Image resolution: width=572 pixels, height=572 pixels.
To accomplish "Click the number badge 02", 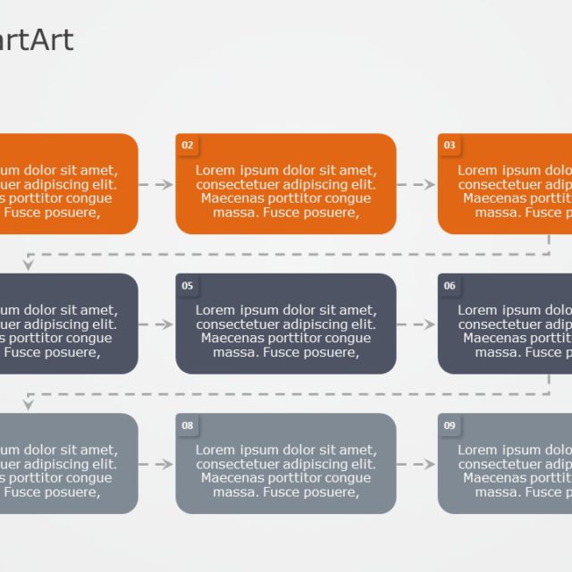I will point(187,146).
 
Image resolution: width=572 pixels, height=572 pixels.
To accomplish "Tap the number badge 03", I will point(450,146).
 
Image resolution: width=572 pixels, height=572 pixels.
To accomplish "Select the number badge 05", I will point(187,286).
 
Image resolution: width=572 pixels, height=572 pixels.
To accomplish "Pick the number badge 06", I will point(450,286).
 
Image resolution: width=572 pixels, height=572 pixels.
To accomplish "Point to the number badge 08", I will point(187,425).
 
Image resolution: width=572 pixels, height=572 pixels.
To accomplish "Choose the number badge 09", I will point(450,425).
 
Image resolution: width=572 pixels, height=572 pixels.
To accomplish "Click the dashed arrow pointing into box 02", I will point(156,185).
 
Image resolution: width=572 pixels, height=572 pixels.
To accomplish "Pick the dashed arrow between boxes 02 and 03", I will point(416,185).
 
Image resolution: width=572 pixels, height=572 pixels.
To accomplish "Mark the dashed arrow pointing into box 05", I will point(156,324).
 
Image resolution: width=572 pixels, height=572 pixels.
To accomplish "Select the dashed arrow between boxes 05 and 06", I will point(416,324).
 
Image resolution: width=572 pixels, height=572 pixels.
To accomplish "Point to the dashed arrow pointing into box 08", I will point(156,465).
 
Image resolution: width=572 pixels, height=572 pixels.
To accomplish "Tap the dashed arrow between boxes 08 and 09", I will point(416,465).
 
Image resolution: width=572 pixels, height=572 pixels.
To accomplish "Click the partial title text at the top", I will point(36,40).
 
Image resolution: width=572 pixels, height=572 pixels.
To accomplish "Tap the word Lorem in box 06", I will point(477,310).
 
